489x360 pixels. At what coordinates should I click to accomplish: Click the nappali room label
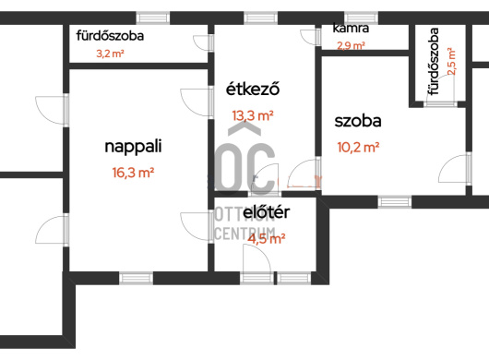click(133, 147)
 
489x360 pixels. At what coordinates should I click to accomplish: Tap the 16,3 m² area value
click(133, 173)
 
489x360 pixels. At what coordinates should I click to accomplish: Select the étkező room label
click(253, 89)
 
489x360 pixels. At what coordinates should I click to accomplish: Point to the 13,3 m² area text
click(253, 115)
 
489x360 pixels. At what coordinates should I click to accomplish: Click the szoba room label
click(358, 121)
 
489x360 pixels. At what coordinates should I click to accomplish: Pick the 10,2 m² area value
click(358, 147)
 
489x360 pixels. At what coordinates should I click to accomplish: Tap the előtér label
click(266, 212)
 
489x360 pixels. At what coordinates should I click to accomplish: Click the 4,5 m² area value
click(267, 239)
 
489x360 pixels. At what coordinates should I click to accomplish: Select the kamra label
click(351, 28)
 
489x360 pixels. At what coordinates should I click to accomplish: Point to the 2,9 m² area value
click(351, 46)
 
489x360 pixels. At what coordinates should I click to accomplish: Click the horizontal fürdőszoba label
click(110, 36)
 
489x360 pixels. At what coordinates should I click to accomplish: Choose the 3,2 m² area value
click(110, 54)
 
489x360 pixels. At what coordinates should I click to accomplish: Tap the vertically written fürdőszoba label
click(434, 62)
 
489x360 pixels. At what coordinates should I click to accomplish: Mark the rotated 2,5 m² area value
click(451, 62)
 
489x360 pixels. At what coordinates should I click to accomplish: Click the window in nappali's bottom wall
click(137, 278)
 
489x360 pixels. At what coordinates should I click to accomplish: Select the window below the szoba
click(395, 202)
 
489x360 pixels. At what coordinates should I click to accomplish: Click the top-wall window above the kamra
click(361, 18)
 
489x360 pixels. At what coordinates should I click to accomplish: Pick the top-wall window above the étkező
click(260, 18)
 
